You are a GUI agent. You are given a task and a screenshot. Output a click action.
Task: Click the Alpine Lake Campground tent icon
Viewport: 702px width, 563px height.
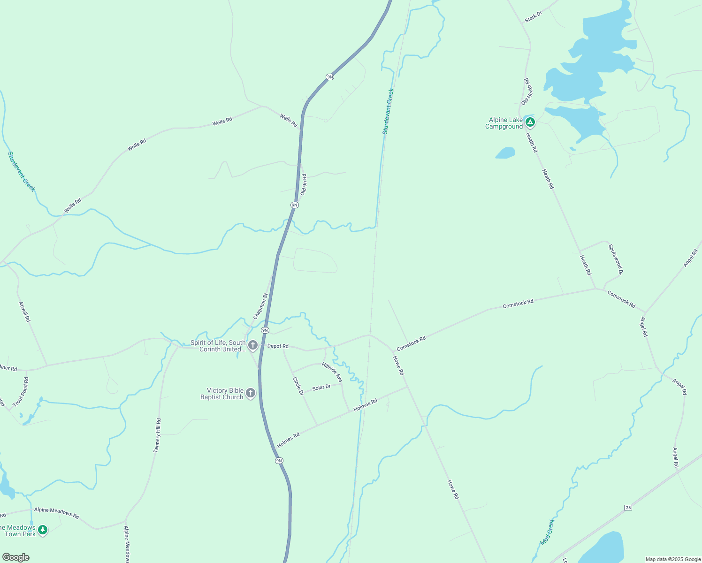[x=530, y=122]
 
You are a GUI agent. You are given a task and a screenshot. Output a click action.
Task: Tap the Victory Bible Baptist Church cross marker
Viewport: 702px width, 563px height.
[x=251, y=393]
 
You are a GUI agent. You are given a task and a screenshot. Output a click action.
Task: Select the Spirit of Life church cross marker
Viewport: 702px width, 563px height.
[x=253, y=346]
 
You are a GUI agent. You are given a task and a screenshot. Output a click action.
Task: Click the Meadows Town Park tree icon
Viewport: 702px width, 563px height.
[x=43, y=530]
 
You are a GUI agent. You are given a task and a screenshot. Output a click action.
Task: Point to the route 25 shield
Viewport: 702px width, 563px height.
[x=628, y=508]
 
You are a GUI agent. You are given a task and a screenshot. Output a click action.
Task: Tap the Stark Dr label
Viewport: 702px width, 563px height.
[x=534, y=17]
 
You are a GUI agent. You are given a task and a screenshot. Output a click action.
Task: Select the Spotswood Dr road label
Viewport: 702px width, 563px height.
[x=616, y=259]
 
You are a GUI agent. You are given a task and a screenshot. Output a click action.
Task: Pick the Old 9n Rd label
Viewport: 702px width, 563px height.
[x=304, y=184]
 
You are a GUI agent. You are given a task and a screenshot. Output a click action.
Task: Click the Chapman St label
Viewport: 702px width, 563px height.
[x=260, y=306]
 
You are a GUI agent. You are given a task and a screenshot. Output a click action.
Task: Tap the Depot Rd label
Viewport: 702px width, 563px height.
[x=278, y=346]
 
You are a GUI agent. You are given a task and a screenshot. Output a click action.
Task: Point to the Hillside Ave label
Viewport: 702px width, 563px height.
[x=332, y=372]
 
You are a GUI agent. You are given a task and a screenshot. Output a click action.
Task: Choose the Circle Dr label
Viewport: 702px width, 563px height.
[x=298, y=386]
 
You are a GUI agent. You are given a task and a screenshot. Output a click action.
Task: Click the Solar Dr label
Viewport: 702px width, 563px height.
[x=321, y=388]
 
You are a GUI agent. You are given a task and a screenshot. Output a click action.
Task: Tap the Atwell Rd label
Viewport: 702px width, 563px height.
[x=24, y=312]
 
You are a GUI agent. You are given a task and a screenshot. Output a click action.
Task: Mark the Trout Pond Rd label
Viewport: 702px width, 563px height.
[x=21, y=392]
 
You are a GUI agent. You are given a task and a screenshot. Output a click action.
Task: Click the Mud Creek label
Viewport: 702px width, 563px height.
[x=547, y=532]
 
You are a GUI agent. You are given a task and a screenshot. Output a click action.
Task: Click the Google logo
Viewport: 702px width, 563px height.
[x=16, y=557]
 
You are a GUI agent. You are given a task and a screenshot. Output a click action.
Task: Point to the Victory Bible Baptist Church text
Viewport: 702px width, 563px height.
[x=222, y=394]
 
